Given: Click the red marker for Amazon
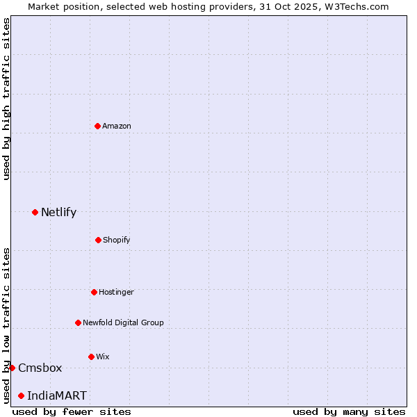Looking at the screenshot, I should [97, 126].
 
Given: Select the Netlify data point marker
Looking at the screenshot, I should [35, 212].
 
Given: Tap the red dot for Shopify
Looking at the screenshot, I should [98, 240].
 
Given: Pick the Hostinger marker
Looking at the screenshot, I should [94, 292].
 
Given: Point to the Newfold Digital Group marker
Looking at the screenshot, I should [78, 322].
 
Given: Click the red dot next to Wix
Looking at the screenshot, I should [91, 357].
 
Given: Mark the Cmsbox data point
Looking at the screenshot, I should [12, 368].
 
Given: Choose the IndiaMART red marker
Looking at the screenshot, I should [21, 395].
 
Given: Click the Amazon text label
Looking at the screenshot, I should [117, 126].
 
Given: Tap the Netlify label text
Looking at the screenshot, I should [58, 212].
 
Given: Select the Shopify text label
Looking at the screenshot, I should [117, 240].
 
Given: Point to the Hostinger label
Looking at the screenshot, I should [116, 292].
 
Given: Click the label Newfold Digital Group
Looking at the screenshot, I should [123, 322].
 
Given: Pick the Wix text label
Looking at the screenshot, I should [103, 357].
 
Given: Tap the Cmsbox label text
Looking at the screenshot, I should [40, 368].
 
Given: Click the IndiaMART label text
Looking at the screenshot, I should [57, 395].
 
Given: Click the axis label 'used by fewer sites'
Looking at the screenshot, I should [72, 411].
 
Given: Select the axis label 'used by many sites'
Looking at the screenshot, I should [349, 411].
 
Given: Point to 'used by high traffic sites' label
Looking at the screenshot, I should [6, 99].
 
